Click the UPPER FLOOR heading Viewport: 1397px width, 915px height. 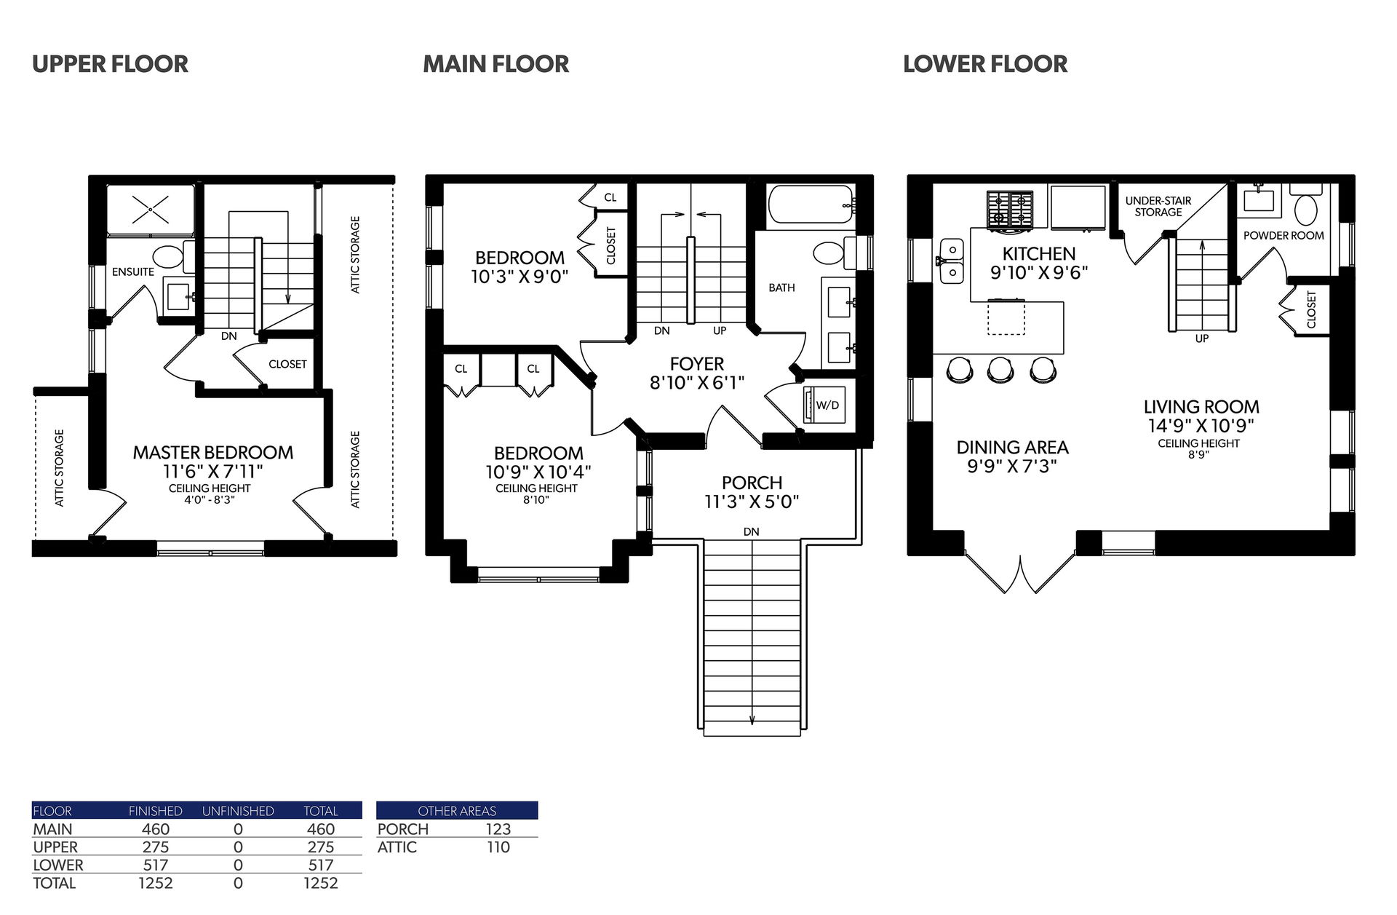pyautogui.click(x=110, y=64)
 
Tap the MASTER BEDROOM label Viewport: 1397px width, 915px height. pyautogui.click(x=213, y=452)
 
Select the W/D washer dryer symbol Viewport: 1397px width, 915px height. pyautogui.click(x=820, y=405)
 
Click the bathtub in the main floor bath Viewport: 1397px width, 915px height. pyautogui.click(x=811, y=205)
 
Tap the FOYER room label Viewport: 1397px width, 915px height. pyautogui.click(x=697, y=364)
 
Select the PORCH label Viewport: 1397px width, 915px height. pyautogui.click(x=752, y=483)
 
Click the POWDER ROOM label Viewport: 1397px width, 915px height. pyautogui.click(x=1283, y=236)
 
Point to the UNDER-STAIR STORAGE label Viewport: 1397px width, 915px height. pyautogui.click(x=1158, y=207)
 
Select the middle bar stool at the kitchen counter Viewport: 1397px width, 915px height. pyautogui.click(x=1000, y=371)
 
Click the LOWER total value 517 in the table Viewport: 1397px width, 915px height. pyautogui.click(x=321, y=865)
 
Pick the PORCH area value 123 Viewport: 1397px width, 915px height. pyautogui.click(x=498, y=829)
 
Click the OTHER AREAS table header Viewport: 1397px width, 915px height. pyautogui.click(x=457, y=811)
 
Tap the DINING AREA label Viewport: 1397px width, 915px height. pyautogui.click(x=1012, y=448)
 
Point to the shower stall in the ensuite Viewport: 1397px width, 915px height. pyautogui.click(x=151, y=210)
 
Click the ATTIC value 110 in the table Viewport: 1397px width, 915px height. pyautogui.click(x=498, y=847)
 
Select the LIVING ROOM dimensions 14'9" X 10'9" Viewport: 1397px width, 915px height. pyautogui.click(x=1201, y=426)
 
